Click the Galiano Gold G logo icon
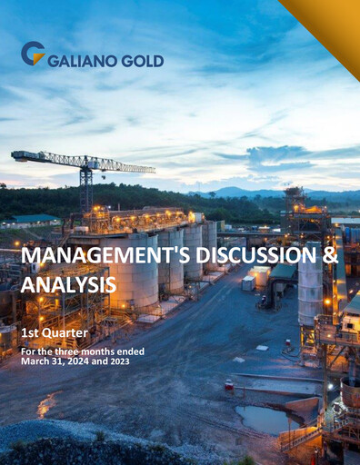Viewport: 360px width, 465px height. [32, 54]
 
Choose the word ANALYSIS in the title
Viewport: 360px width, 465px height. [68, 285]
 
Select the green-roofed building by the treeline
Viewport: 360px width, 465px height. [35, 219]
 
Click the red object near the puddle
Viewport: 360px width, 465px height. [229, 384]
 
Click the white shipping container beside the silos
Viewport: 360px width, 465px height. [247, 283]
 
